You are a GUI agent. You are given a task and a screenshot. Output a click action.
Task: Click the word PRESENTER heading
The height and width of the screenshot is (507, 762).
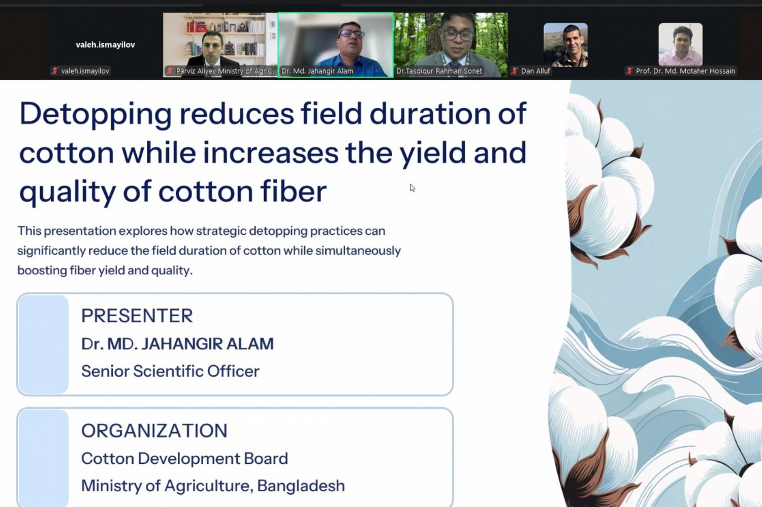(x=137, y=316)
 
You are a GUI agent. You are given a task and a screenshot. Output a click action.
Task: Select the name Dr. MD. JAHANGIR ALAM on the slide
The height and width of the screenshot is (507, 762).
(x=177, y=344)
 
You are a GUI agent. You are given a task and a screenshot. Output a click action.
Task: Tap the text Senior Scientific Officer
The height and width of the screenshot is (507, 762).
(x=170, y=371)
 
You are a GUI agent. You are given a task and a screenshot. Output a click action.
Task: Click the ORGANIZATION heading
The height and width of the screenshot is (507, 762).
(x=154, y=430)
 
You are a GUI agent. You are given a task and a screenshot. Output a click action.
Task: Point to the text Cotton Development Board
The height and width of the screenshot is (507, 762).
(x=184, y=458)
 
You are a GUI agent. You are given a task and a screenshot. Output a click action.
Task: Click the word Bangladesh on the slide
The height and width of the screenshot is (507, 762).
(x=301, y=485)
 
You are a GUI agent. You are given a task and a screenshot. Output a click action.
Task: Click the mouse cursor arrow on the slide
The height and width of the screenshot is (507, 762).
(x=412, y=188)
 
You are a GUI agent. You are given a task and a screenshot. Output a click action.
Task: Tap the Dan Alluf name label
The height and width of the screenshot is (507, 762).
(x=535, y=71)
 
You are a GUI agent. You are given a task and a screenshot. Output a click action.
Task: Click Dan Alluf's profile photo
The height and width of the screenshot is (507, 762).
(x=565, y=45)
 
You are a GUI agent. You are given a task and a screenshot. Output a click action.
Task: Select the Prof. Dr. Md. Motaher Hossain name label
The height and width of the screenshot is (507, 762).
(x=685, y=71)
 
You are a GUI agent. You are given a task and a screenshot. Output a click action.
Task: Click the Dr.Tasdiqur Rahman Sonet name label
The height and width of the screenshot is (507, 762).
(x=439, y=71)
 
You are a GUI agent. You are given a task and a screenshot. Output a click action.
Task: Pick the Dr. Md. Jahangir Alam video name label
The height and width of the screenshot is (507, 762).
(x=317, y=71)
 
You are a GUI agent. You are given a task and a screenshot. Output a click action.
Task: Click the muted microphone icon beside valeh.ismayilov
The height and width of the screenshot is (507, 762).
(x=55, y=71)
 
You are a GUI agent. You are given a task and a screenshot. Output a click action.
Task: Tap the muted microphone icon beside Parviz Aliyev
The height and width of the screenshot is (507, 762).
(x=170, y=71)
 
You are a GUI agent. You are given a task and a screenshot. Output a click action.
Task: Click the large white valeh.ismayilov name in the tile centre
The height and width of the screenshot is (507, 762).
(x=106, y=45)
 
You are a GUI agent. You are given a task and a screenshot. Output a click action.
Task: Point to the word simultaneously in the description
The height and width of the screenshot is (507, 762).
(x=358, y=251)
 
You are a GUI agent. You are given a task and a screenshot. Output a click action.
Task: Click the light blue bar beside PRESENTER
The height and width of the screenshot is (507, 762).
(x=43, y=344)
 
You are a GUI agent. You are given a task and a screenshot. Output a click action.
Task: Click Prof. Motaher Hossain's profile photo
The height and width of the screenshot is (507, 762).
(x=680, y=45)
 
